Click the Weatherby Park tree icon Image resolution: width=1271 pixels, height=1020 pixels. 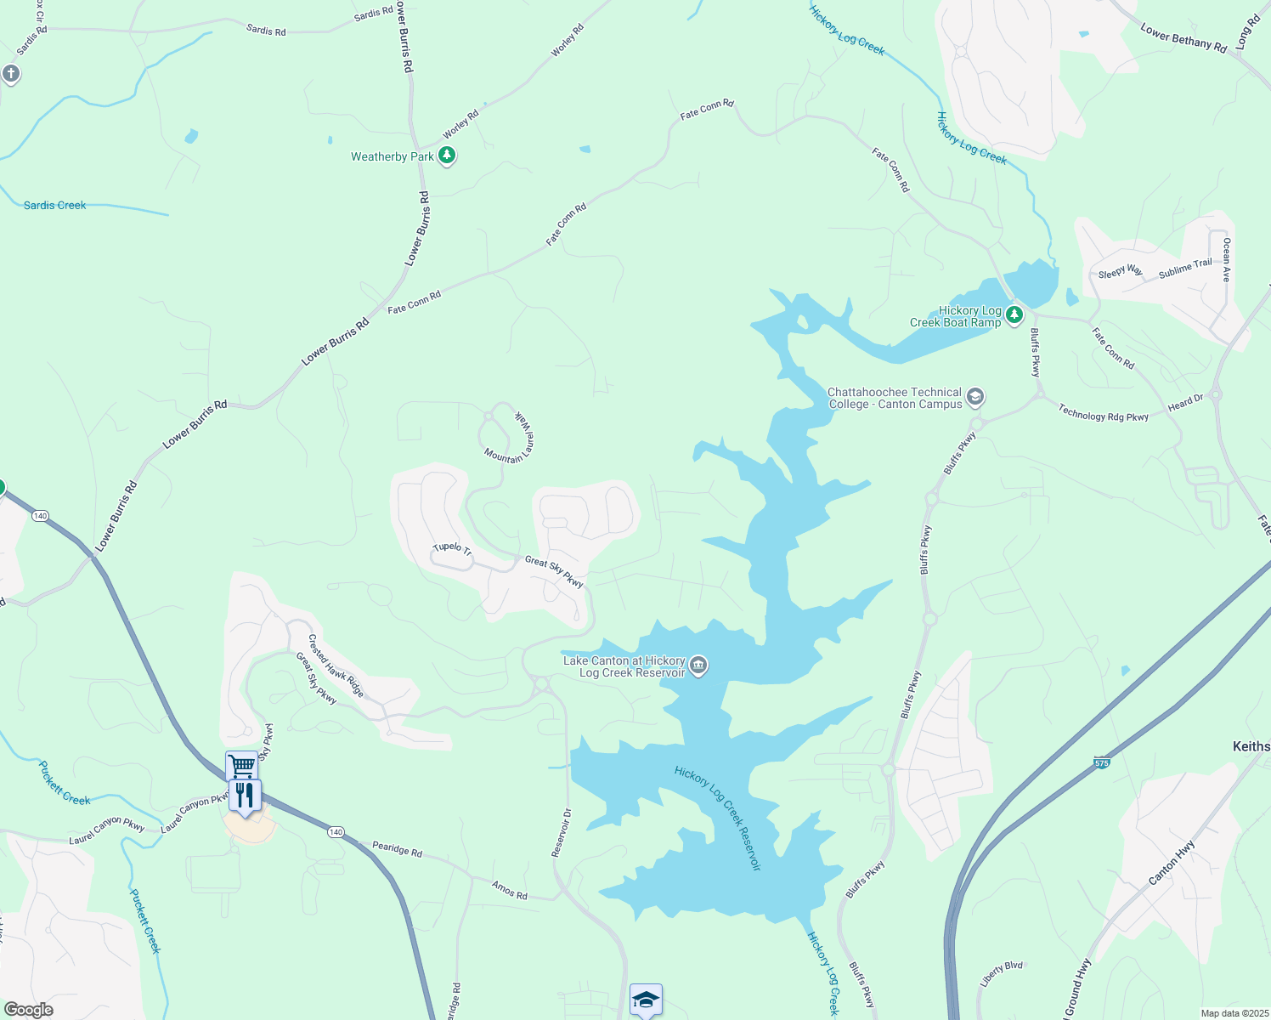click(447, 156)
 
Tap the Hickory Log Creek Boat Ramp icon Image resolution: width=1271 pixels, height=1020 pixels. click(1014, 316)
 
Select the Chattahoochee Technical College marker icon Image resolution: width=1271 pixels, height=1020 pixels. click(975, 397)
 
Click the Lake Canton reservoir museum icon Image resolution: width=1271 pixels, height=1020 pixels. click(698, 666)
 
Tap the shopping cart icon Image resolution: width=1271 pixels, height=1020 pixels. click(241, 766)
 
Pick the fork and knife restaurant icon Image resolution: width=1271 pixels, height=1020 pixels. click(245, 796)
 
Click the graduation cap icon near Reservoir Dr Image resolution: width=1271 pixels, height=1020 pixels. click(646, 999)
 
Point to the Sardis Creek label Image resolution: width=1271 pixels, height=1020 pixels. click(54, 205)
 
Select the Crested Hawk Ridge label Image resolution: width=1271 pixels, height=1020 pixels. click(336, 666)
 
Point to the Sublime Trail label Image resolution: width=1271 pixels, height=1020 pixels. click(1185, 268)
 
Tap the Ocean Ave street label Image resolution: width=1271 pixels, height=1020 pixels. click(1226, 259)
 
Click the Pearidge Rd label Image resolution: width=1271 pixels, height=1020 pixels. click(397, 848)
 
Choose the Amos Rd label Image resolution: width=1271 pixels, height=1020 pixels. click(509, 889)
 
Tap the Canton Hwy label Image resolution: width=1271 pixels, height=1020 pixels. click(1172, 862)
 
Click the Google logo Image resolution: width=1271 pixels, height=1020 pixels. click(29, 1010)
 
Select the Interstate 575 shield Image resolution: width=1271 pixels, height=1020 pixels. click(1101, 762)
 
